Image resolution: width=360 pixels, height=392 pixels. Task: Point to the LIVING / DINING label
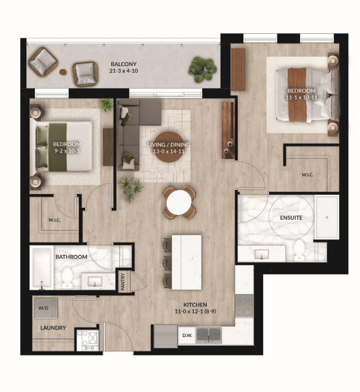[x=169, y=144]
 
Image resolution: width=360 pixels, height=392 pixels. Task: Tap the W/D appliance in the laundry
[x=46, y=308]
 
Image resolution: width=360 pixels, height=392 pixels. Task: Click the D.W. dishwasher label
[x=187, y=335]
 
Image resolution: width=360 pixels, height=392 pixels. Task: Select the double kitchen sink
[x=209, y=335]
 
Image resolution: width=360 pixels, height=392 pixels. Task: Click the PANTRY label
[x=123, y=282]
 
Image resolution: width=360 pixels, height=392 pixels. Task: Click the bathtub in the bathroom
[x=41, y=268]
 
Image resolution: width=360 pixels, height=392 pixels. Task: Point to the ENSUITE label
[x=291, y=218]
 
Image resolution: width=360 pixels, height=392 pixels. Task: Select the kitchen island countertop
[x=187, y=262]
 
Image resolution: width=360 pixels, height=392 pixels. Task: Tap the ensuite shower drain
[x=326, y=217]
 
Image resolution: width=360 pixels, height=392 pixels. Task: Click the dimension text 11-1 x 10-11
[x=301, y=97]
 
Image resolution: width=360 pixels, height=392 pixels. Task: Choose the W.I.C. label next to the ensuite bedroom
[x=308, y=175]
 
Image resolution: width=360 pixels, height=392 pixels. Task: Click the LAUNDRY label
[x=53, y=328]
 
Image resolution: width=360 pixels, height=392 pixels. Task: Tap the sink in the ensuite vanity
[x=262, y=254]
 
